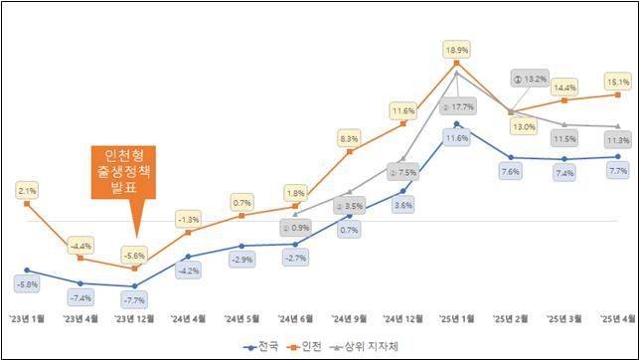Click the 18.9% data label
pyautogui.click(x=456, y=48)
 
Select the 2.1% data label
pyautogui.click(x=28, y=190)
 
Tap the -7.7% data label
pyautogui.click(x=134, y=299)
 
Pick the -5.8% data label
pyautogui.click(x=28, y=285)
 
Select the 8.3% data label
pyautogui.click(x=349, y=139)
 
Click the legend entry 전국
pyautogui.click(x=261, y=347)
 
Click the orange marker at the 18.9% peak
pyautogui.click(x=456, y=63)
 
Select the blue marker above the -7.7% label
pyautogui.click(x=134, y=286)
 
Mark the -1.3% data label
pyautogui.click(x=188, y=219)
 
